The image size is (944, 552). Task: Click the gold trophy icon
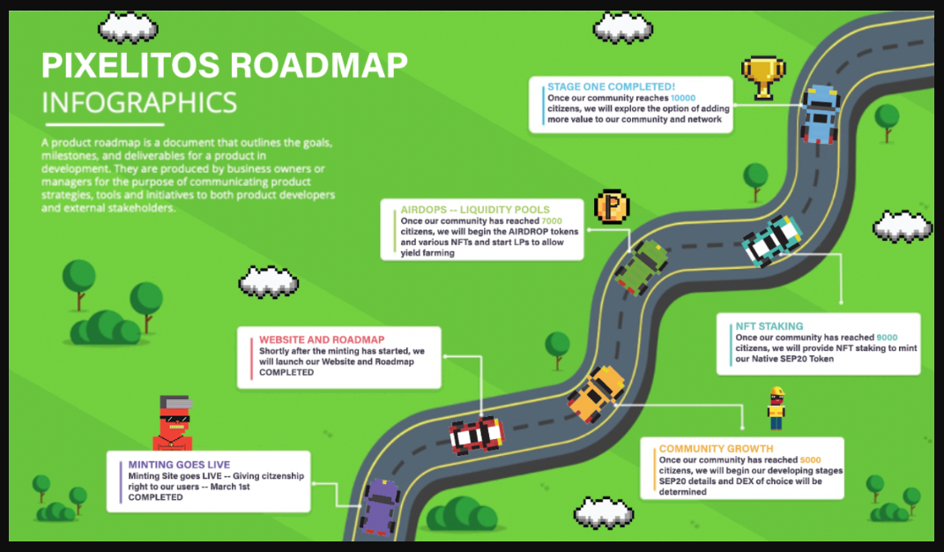[x=763, y=78]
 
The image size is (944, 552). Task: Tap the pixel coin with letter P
[x=612, y=206]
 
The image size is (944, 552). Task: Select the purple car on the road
[x=380, y=507]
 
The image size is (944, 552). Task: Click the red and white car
[x=477, y=435]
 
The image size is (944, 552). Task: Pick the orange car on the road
[x=596, y=394]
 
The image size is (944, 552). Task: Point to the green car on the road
[x=641, y=267]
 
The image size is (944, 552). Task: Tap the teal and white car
[x=772, y=241]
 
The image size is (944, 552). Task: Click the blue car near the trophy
[x=820, y=114]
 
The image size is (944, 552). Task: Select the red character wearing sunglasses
[x=173, y=423]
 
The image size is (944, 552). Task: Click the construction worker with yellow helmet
[x=777, y=408]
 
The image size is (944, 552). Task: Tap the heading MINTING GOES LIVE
[x=179, y=465]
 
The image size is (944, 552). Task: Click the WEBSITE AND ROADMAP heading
[x=322, y=339]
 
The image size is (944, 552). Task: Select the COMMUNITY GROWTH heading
[x=716, y=449]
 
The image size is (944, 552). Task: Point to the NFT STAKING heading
[x=769, y=326]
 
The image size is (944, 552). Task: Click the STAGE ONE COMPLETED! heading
[x=611, y=86]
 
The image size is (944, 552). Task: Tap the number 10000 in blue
[x=683, y=98]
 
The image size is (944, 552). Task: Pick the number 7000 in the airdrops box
[x=552, y=221]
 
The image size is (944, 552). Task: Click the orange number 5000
[x=810, y=459]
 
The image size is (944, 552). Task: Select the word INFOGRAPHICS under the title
[x=139, y=103]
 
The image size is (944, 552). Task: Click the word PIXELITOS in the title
[x=130, y=65]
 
